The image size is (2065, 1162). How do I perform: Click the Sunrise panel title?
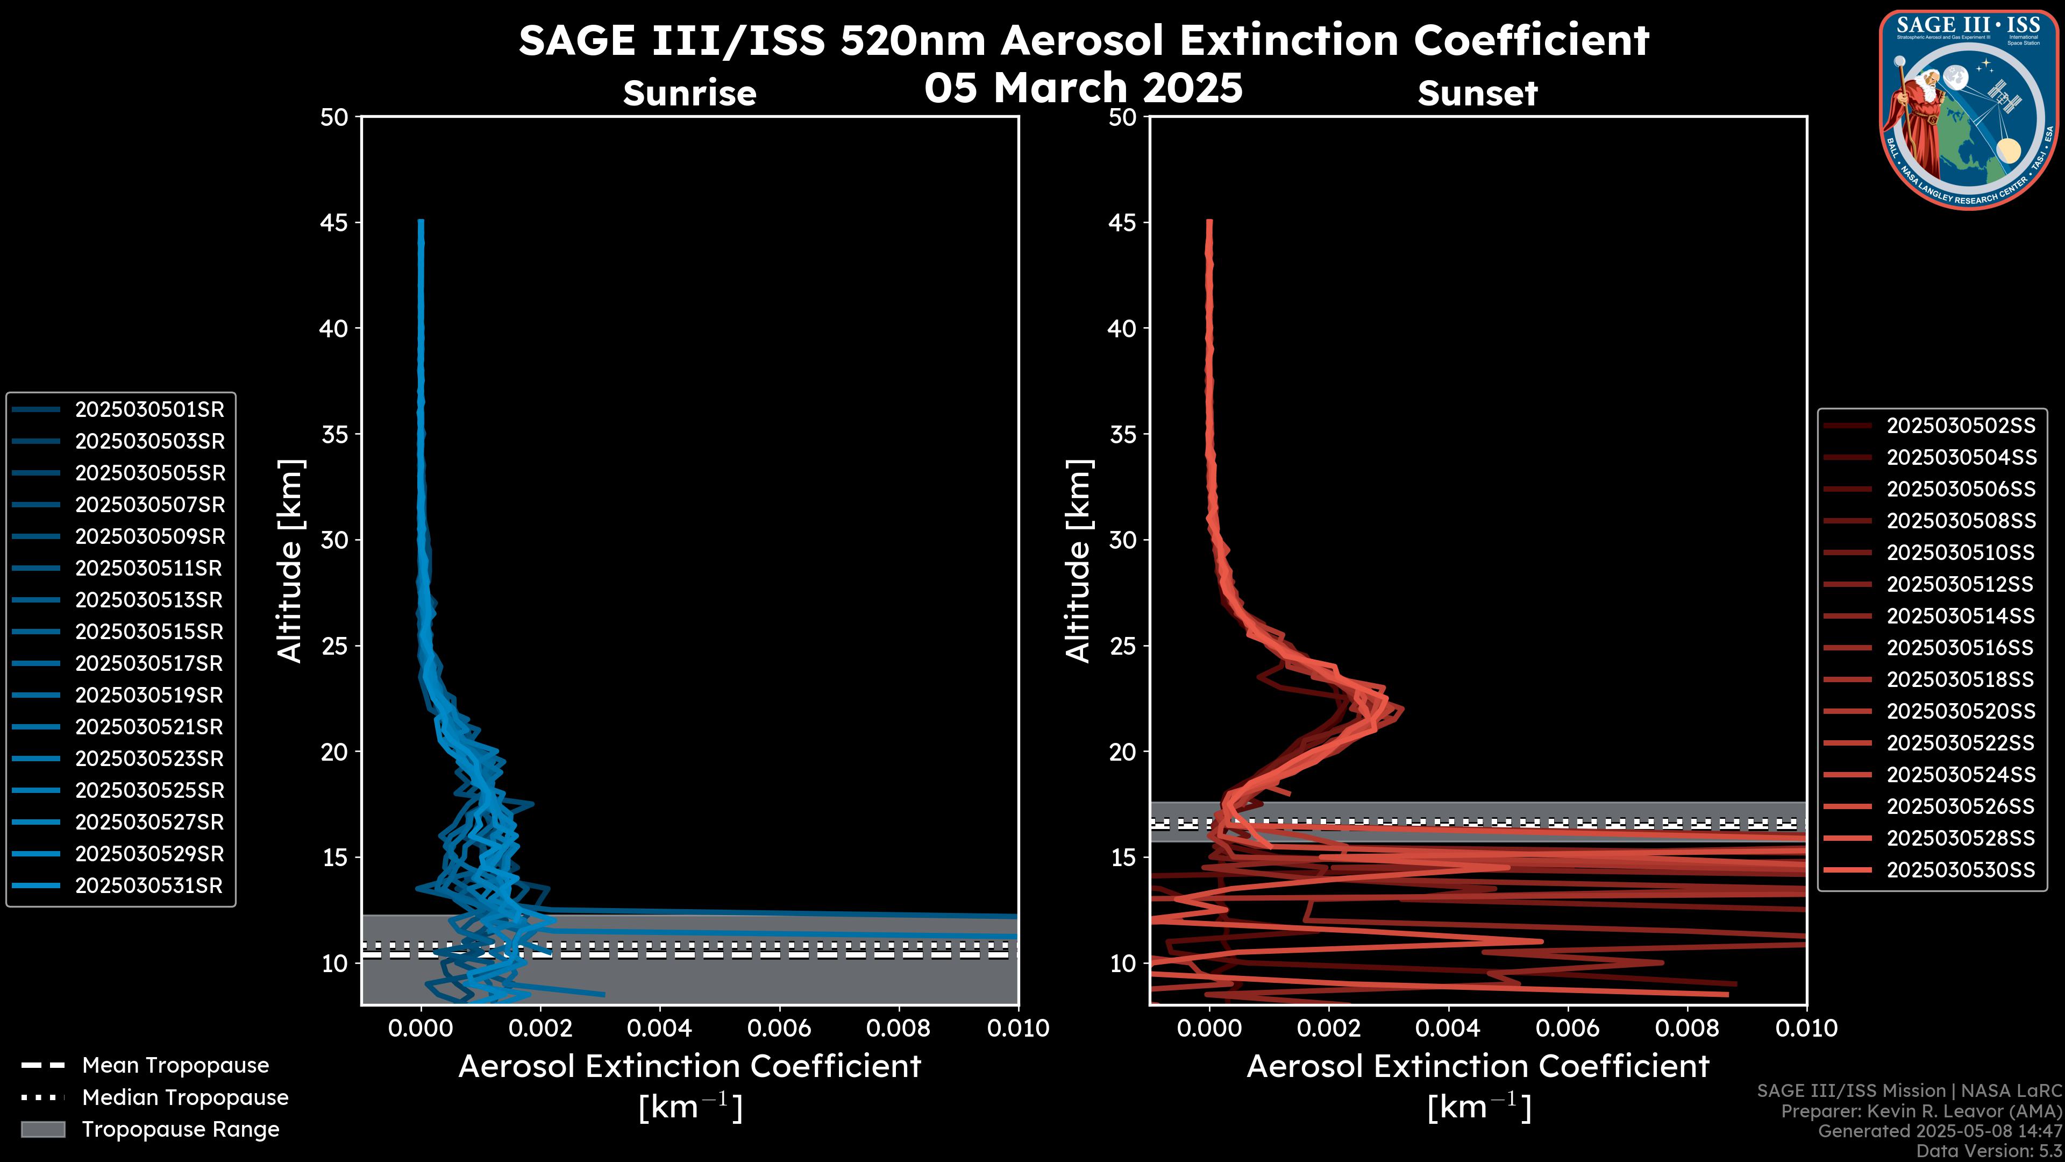pos(689,93)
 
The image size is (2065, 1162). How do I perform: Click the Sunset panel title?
pos(1477,93)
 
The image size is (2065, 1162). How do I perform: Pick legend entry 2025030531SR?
pos(149,885)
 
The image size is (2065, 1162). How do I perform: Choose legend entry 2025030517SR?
pos(149,663)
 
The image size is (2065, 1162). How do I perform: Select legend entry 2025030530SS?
pos(1961,870)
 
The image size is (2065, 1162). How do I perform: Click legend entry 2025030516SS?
pos(1961,648)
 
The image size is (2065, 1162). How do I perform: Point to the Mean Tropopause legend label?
pos(175,1065)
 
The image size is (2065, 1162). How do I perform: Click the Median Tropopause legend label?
pos(185,1097)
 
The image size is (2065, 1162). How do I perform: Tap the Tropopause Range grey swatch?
pos(42,1129)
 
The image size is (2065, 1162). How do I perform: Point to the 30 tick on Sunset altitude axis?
pos(1123,540)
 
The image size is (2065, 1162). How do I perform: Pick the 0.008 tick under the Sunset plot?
pos(1687,1028)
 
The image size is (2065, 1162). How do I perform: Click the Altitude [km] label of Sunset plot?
pos(1078,561)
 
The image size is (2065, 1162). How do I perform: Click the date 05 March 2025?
pos(1083,87)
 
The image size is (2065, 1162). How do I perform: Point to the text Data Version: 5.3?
pos(1988,1151)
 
